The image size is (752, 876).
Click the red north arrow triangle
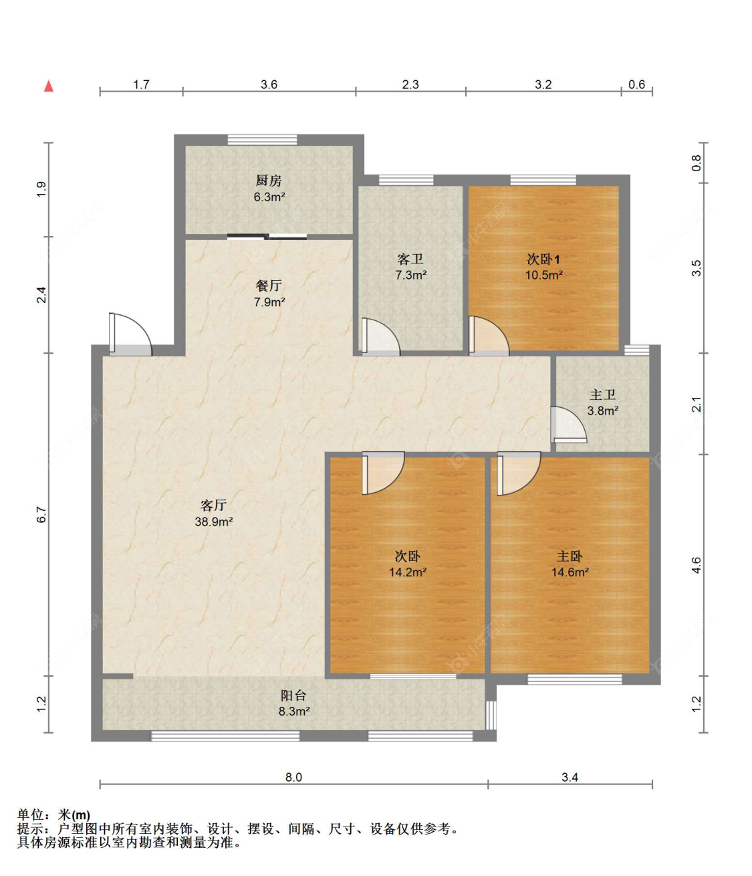click(49, 86)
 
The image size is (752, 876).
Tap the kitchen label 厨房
click(269, 181)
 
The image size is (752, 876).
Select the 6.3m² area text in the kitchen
click(269, 197)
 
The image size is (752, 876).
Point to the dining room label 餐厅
click(269, 286)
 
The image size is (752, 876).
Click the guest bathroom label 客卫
click(410, 259)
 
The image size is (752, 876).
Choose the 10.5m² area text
click(544, 275)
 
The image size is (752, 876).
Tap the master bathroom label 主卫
click(602, 395)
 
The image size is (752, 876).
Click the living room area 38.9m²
click(213, 522)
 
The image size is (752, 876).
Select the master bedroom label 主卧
click(570, 556)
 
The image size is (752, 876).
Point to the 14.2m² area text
click(408, 572)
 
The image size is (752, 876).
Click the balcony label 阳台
click(293, 695)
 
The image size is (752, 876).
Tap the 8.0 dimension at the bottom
click(293, 777)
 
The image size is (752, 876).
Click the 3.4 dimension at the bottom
click(570, 777)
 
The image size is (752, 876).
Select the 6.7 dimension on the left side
click(41, 514)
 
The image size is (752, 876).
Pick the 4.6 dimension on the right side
click(696, 565)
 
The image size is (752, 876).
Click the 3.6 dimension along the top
click(269, 85)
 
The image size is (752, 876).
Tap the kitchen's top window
click(262, 140)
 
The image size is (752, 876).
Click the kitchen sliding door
click(267, 237)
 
